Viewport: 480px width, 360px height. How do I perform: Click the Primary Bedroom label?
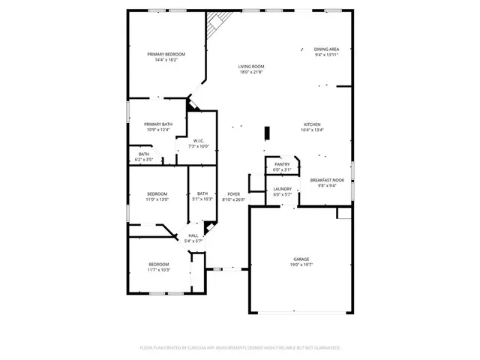click(x=166, y=54)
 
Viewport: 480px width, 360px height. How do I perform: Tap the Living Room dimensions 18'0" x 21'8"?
click(x=251, y=72)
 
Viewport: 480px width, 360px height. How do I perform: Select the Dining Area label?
click(x=326, y=49)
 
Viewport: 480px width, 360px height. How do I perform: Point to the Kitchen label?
click(x=312, y=124)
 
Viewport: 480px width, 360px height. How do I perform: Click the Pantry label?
click(x=282, y=164)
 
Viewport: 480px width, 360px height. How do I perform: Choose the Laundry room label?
click(x=282, y=189)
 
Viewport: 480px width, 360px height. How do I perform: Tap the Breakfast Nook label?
click(x=327, y=180)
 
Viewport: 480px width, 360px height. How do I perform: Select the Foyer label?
click(x=234, y=194)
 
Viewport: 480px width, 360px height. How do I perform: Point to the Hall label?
click(x=193, y=235)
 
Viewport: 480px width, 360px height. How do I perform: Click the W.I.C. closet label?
click(x=199, y=141)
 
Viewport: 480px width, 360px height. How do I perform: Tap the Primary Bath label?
click(x=158, y=124)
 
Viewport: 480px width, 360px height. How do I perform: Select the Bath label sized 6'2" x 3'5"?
click(x=143, y=154)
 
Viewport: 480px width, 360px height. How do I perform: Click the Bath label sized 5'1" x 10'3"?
click(x=202, y=194)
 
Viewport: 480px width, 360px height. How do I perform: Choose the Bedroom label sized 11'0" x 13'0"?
click(x=157, y=194)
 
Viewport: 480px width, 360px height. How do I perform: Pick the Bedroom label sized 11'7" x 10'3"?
click(x=159, y=264)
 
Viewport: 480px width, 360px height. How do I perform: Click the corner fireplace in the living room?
click(x=219, y=25)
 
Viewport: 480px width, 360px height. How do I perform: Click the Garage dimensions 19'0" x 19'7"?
click(x=301, y=265)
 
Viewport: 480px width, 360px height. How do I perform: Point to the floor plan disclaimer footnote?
click(x=240, y=348)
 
